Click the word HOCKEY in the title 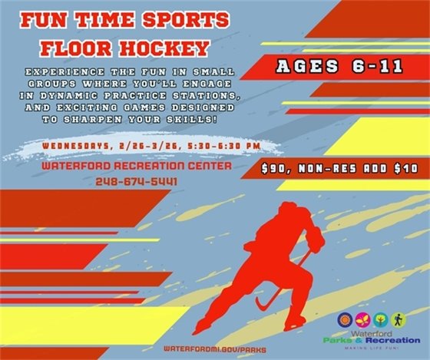tap(163, 47)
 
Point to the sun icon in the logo tap(344, 319)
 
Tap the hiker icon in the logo tap(398, 319)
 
